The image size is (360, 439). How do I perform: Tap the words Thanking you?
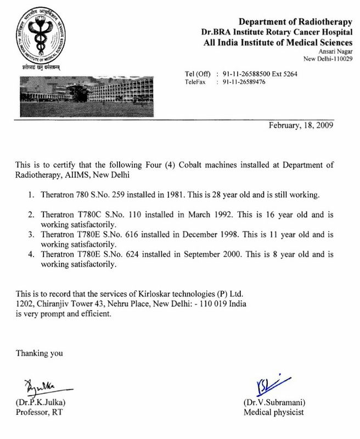[40, 353]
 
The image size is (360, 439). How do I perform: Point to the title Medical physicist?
[273, 412]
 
